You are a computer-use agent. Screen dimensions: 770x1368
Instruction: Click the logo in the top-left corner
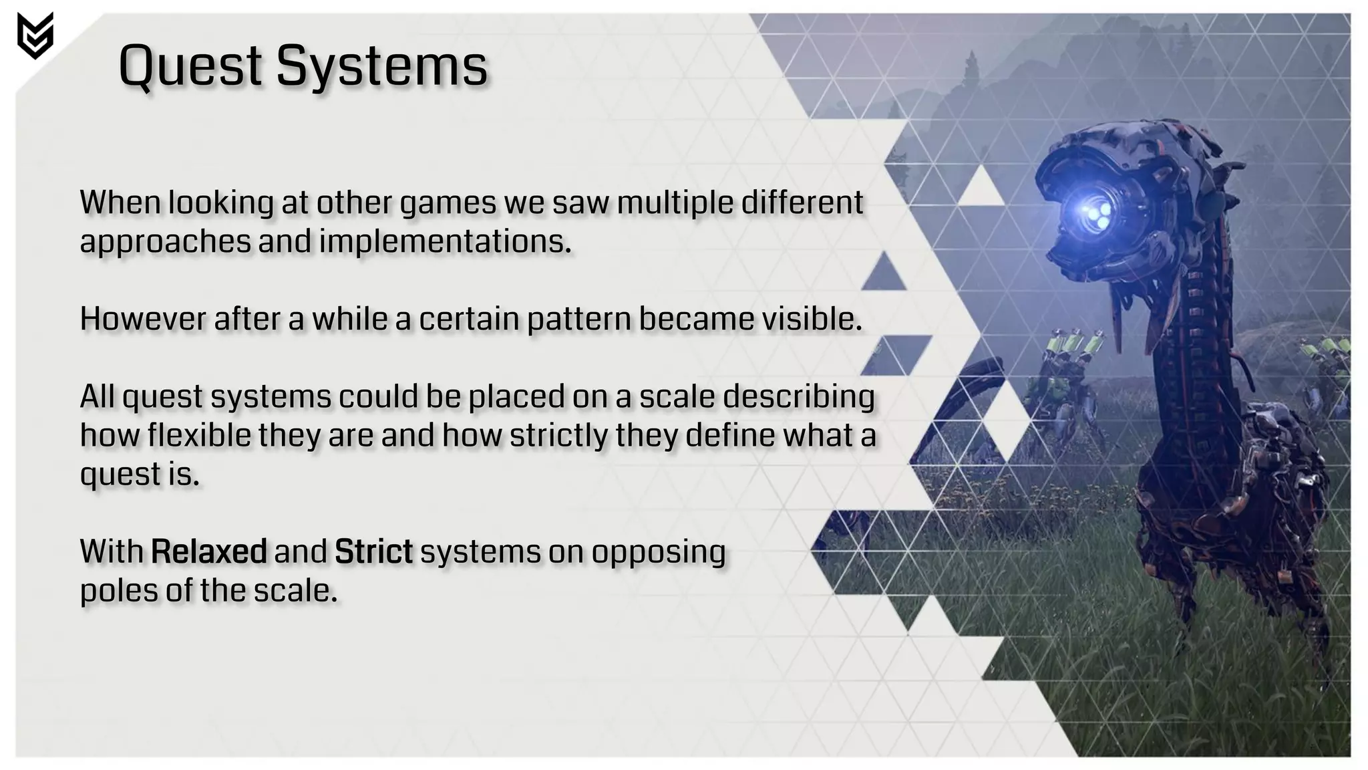[x=35, y=35]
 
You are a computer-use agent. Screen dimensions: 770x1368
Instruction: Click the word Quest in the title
[x=190, y=66]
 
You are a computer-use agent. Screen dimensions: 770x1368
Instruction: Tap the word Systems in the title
[x=381, y=66]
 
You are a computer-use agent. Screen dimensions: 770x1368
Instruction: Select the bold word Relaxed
[x=209, y=552]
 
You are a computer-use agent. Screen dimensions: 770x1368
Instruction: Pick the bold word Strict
[x=373, y=552]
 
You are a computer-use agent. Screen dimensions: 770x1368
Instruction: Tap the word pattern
[x=578, y=319]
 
